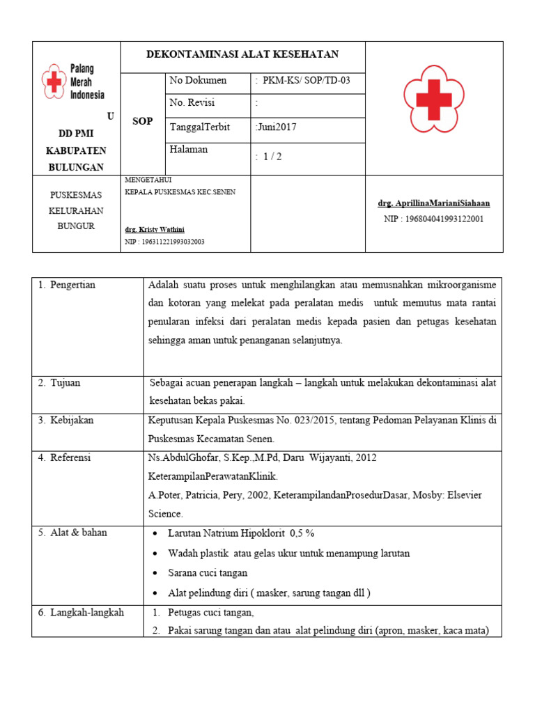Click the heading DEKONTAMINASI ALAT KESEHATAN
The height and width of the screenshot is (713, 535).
point(242,54)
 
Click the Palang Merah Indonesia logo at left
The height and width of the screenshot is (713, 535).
point(72,82)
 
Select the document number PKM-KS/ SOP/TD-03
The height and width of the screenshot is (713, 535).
point(303,81)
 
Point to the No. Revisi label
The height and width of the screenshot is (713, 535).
point(192,103)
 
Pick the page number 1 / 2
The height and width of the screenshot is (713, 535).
point(269,157)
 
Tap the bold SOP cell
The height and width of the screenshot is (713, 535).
point(142,121)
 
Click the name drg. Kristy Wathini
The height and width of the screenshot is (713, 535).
point(155,229)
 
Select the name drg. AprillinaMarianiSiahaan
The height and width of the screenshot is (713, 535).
point(433,203)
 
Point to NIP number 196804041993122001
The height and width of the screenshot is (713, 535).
point(433,219)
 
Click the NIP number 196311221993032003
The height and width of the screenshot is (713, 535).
point(164,242)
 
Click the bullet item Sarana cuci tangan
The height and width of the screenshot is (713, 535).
point(208,573)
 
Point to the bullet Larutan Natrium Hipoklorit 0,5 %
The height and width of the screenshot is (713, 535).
point(241,533)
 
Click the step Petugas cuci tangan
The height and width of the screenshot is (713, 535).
point(211,613)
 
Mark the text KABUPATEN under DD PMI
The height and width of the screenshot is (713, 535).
point(76,150)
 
